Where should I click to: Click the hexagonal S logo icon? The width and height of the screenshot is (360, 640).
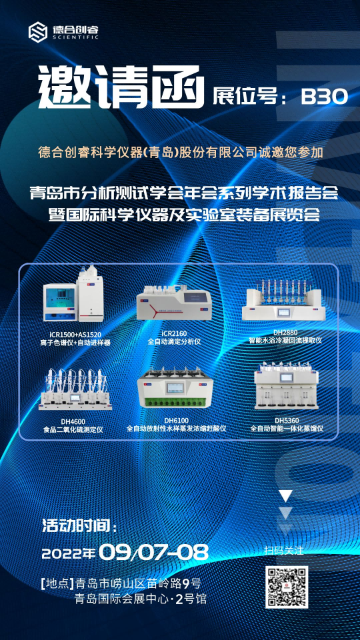click(x=39, y=32)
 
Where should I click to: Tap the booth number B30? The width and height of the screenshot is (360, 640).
click(x=325, y=96)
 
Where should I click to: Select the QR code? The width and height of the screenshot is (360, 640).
click(x=287, y=587)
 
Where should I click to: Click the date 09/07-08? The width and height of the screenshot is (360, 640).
click(x=153, y=553)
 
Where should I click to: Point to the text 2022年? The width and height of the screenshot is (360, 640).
click(x=69, y=553)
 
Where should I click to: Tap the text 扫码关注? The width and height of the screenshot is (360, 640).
click(x=287, y=550)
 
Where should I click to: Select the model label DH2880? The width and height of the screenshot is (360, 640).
click(x=286, y=333)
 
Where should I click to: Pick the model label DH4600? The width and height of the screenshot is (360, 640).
click(x=73, y=421)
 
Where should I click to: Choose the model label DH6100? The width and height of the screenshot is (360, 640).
click(x=176, y=421)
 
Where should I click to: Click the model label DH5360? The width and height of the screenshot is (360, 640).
click(x=287, y=421)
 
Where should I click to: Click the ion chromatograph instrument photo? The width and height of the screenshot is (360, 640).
click(x=73, y=293)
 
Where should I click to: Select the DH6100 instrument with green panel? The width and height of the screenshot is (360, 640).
click(x=176, y=387)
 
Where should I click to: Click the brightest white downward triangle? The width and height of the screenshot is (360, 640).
click(x=286, y=495)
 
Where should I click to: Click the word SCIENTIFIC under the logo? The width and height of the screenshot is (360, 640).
click(x=75, y=37)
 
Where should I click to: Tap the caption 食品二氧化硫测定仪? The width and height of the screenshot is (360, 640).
click(x=73, y=429)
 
